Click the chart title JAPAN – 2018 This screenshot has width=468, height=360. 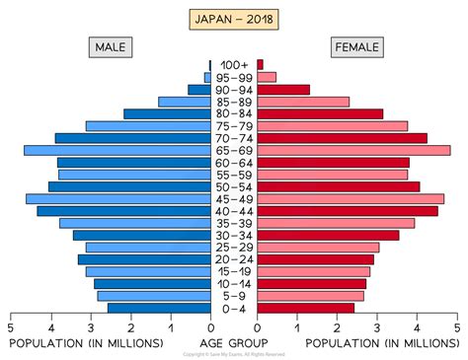point(233,19)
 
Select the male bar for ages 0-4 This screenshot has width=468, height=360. point(159,308)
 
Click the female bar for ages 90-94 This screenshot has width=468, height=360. point(283,90)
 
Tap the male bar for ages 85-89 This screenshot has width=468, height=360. point(185,102)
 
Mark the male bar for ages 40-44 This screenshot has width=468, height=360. point(123,211)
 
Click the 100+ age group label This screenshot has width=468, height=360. point(234,65)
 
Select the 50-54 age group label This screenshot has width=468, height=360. point(234,186)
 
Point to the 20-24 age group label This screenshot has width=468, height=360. point(234,259)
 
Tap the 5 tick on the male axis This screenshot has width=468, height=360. point(11,328)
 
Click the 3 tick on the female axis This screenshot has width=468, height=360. point(377,328)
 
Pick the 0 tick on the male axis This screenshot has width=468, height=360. point(210,328)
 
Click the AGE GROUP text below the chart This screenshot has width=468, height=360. point(234,342)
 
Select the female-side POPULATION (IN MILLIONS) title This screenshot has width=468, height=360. point(381,342)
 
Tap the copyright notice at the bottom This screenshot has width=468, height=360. point(234,354)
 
